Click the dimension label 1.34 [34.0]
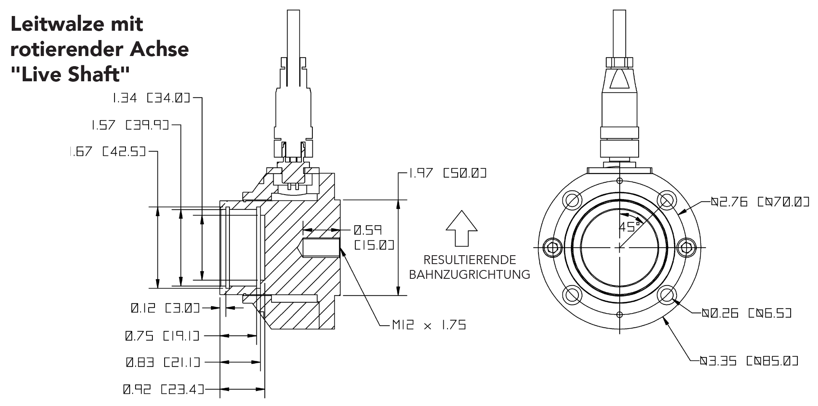(151, 99)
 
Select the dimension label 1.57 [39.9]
(130, 126)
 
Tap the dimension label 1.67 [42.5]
(107, 152)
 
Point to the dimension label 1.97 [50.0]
(448, 173)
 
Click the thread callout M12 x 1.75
(429, 325)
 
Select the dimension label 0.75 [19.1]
(162, 336)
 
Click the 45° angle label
(629, 227)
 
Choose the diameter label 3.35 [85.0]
(749, 361)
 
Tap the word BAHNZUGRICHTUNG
(469, 275)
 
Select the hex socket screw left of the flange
(552, 248)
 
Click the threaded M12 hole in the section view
(320, 248)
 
